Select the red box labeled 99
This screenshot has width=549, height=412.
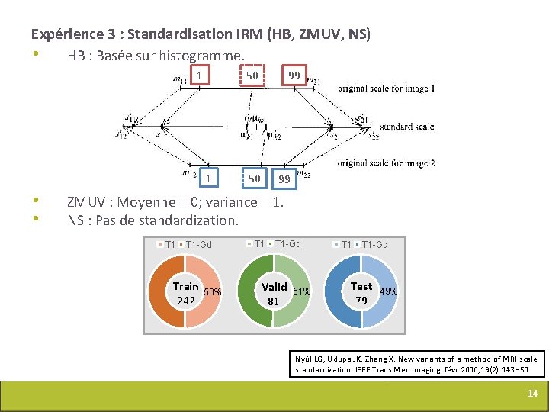coord(293,76)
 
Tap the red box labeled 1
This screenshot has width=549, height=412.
coord(200,76)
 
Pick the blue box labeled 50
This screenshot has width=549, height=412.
coord(255,179)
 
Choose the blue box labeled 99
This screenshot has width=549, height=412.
coord(284,179)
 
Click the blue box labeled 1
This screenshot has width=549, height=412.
coord(207,179)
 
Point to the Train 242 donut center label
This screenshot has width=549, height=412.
coord(185,294)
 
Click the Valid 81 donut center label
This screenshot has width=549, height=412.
coord(274,294)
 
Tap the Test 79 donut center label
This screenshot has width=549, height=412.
coord(361,294)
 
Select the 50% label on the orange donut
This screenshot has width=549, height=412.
coord(213,292)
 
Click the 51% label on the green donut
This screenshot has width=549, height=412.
coord(301,291)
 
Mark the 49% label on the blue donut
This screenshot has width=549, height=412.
coord(388,291)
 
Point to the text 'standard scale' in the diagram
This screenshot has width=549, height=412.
coord(408,127)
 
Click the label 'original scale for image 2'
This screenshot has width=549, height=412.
coord(387,163)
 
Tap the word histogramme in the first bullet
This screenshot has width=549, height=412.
coord(209,56)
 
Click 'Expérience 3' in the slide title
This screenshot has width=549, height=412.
coord(73,34)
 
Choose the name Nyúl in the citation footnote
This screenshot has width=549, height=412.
coord(304,359)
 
